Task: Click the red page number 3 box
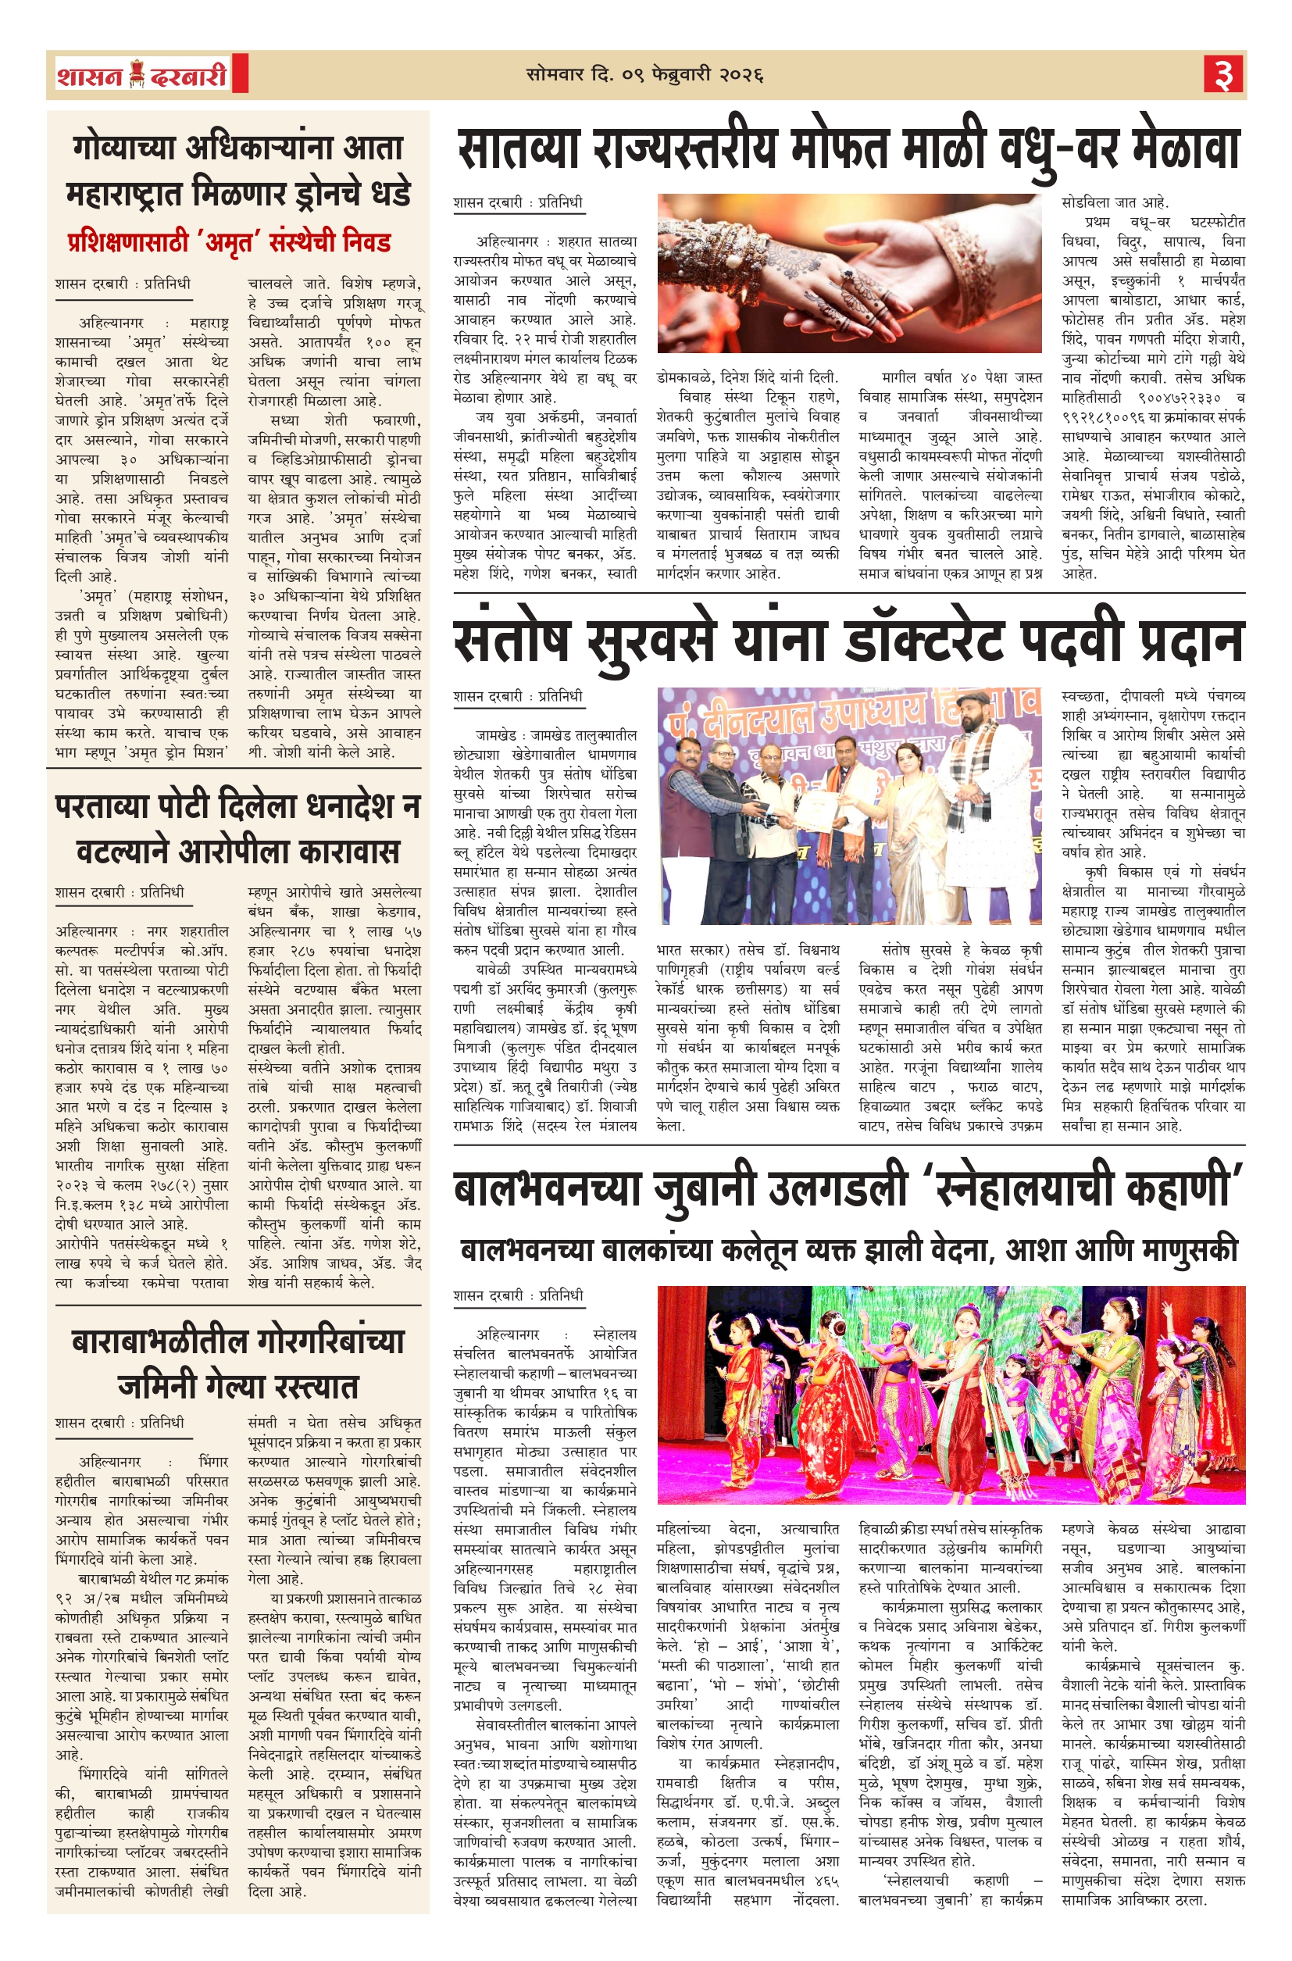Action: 1223,75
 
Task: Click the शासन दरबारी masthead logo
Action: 142,76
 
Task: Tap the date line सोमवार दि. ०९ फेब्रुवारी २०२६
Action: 645,75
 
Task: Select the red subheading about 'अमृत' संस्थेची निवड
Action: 229,242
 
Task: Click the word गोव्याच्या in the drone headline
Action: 123,148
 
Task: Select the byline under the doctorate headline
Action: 517,696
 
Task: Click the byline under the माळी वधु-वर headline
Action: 517,202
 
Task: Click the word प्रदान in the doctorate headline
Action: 1189,640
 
